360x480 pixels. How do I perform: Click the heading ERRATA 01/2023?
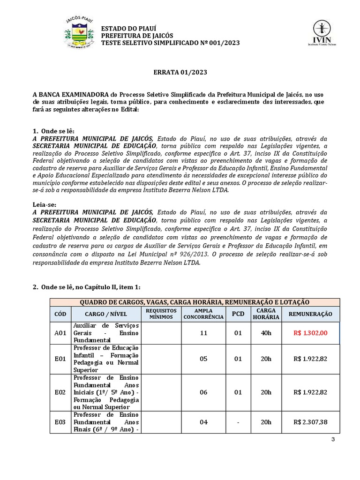[x=180, y=73]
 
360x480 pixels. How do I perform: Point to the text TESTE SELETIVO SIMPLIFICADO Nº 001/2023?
[x=171, y=43]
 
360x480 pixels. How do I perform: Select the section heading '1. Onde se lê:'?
[x=53, y=131]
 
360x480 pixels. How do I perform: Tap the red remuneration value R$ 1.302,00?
[x=310, y=333]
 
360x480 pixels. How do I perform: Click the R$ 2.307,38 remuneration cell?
[x=310, y=422]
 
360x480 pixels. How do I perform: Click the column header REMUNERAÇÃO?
[x=310, y=314]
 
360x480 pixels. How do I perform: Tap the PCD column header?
[x=238, y=314]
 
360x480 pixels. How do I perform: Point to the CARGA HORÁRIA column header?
[x=266, y=314]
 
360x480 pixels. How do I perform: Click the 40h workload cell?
[x=266, y=333]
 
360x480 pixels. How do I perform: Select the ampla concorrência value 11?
[x=203, y=333]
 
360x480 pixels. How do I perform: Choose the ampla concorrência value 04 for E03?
[x=203, y=422]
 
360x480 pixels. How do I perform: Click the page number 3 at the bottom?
[x=333, y=439]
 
